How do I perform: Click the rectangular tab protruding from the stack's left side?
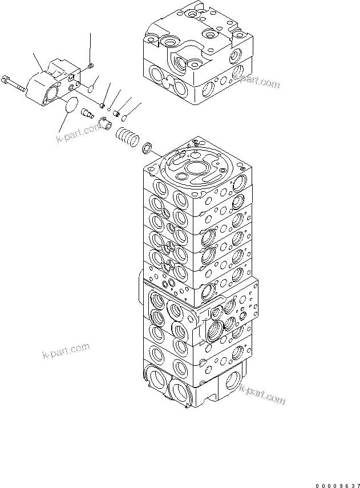point(140,288)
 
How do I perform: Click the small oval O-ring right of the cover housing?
point(88,87)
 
